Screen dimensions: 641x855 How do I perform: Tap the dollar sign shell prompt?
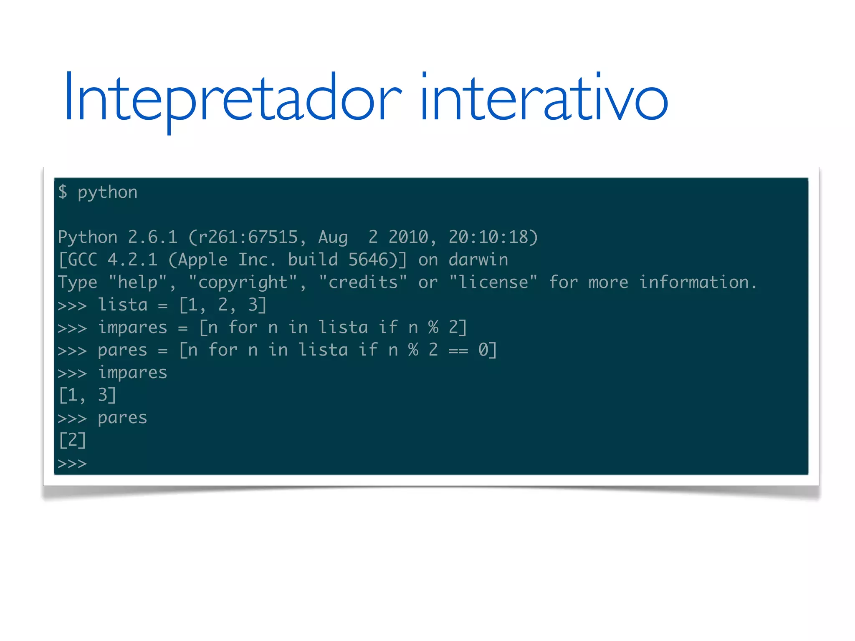[63, 192]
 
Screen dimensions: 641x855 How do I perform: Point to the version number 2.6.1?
[153, 237]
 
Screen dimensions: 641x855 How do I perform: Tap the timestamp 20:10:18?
[488, 237]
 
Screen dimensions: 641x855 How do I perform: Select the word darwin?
[478, 260]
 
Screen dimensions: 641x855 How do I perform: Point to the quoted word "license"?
[493, 282]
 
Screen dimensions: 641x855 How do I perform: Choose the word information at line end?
[695, 282]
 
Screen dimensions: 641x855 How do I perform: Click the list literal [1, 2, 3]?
[223, 305]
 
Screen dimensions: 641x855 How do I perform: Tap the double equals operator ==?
[458, 351]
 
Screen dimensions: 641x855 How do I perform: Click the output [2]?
[73, 440]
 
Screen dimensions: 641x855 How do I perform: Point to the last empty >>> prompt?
[72, 463]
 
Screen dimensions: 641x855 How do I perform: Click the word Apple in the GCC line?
[203, 260]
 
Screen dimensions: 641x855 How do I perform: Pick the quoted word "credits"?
[363, 282]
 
